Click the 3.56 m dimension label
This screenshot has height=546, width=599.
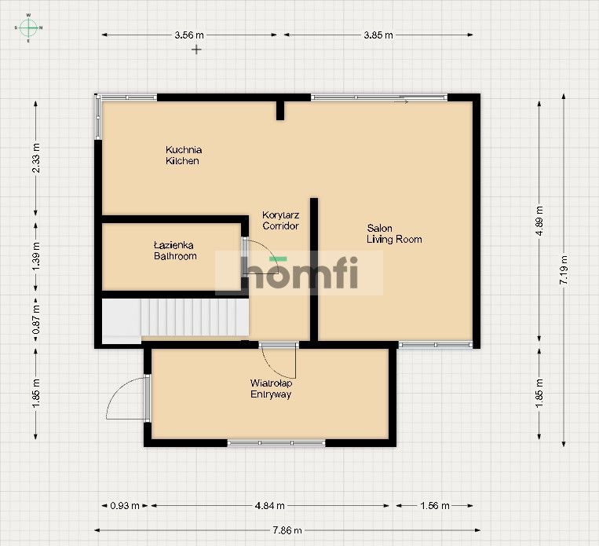pyautogui.click(x=189, y=35)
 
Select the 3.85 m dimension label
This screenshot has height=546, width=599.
pyautogui.click(x=378, y=35)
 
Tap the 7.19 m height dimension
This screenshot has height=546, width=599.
pyautogui.click(x=564, y=269)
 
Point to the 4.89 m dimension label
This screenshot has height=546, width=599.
pyautogui.click(x=539, y=221)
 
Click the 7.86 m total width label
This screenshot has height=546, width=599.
pyautogui.click(x=287, y=530)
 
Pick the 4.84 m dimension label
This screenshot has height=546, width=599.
pyautogui.click(x=270, y=506)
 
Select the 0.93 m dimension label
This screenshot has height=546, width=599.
pyautogui.click(x=125, y=506)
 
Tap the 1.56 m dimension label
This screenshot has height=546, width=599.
pyautogui.click(x=435, y=506)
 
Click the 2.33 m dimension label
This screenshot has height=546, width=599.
pyautogui.click(x=36, y=158)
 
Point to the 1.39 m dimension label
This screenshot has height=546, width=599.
pyautogui.click(x=36, y=256)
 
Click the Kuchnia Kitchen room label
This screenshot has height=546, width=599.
pyautogui.click(x=184, y=156)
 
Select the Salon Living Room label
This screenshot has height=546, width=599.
pyautogui.click(x=394, y=233)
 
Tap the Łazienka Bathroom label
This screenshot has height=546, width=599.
pyautogui.click(x=175, y=251)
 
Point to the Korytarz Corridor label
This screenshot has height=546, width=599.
pyautogui.click(x=281, y=220)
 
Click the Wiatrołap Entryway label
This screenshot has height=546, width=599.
pyautogui.click(x=271, y=388)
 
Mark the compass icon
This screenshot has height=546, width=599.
pyautogui.click(x=28, y=27)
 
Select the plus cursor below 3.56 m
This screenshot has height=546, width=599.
pyautogui.click(x=196, y=49)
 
